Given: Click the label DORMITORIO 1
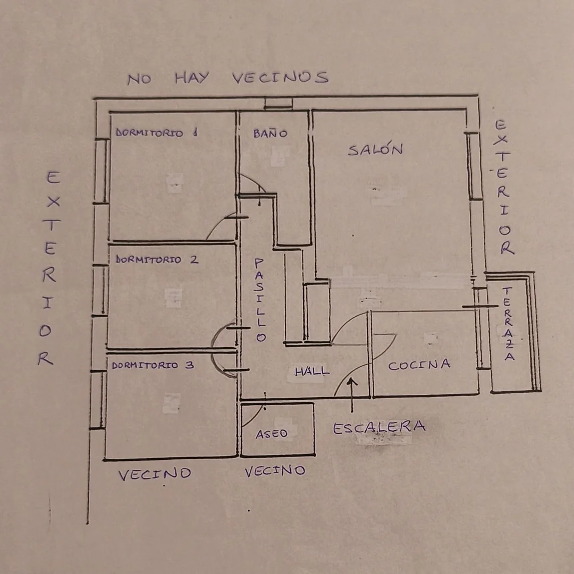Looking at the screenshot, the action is click(157, 132).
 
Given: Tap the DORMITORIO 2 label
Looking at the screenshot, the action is click(157, 259).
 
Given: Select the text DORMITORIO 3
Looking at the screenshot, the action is click(153, 365).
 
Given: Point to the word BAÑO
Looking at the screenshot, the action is click(270, 133).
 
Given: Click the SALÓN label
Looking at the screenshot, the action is click(375, 149).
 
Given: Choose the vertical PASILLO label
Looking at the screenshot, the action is click(259, 300).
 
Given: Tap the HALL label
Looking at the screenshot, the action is click(312, 372).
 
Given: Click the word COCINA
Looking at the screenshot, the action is click(419, 365).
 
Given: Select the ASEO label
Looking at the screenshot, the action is click(272, 434).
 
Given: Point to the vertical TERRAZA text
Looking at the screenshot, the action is click(508, 324).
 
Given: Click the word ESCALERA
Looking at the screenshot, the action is click(379, 427).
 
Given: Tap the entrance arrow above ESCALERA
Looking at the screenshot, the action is click(352, 395).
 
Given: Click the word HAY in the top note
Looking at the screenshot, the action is click(192, 78).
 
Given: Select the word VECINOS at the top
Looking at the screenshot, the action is click(280, 77).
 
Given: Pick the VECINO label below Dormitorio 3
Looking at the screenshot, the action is click(155, 474).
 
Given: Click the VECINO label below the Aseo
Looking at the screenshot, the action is click(275, 471).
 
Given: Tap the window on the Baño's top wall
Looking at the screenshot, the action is click(278, 103).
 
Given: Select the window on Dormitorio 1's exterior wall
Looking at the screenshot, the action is click(102, 171).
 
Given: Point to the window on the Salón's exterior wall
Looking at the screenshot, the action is click(474, 166).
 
